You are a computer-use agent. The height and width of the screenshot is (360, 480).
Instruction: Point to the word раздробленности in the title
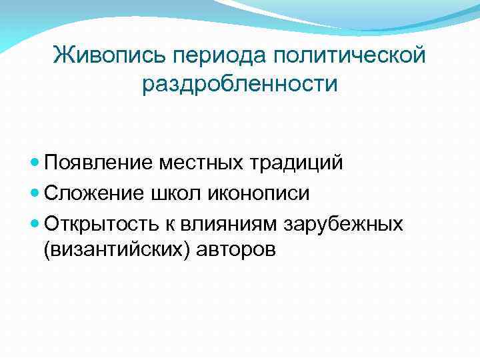tap(240, 85)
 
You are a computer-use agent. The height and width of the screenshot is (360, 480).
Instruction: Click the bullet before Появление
tap(36, 163)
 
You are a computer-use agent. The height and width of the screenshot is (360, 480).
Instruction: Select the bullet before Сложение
tap(36, 193)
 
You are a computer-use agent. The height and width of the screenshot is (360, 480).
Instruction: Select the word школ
tap(164, 193)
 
